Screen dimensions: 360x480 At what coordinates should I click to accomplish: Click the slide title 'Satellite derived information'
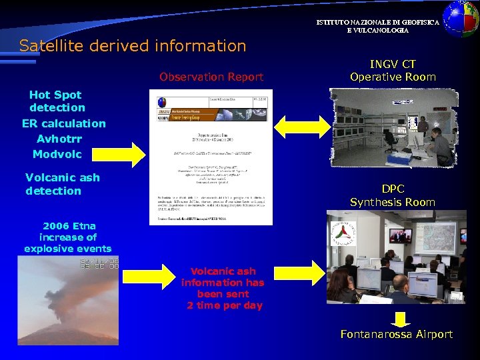[x=133, y=46]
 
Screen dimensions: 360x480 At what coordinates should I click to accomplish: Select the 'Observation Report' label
[x=211, y=77]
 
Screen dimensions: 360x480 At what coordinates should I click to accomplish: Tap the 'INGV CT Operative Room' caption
[x=393, y=71]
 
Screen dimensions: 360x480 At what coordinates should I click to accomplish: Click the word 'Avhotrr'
[x=59, y=139]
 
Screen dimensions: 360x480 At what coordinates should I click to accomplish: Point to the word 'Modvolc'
[x=57, y=154]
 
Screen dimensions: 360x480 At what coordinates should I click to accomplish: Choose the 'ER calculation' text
[x=63, y=123]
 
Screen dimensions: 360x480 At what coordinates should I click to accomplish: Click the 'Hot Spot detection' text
[x=57, y=101]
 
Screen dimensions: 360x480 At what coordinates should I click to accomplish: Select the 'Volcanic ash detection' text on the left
[x=62, y=184]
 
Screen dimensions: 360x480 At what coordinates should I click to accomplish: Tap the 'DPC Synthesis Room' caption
[x=393, y=195]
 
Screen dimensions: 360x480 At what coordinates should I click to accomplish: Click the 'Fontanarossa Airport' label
[x=396, y=334]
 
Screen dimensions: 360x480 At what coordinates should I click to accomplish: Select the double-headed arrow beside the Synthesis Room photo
[x=298, y=273]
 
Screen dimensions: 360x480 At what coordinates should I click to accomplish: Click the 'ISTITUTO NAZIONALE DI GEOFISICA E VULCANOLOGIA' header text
[x=377, y=27]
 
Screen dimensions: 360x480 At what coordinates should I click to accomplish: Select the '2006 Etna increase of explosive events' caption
[x=67, y=237]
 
